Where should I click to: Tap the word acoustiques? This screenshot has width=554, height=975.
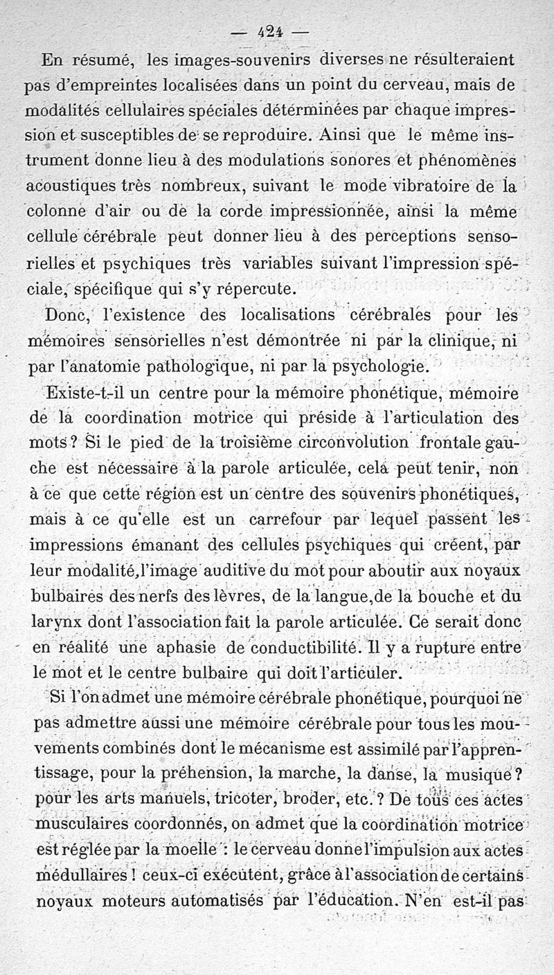point(64,186)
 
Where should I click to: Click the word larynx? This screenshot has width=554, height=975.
point(53,623)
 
